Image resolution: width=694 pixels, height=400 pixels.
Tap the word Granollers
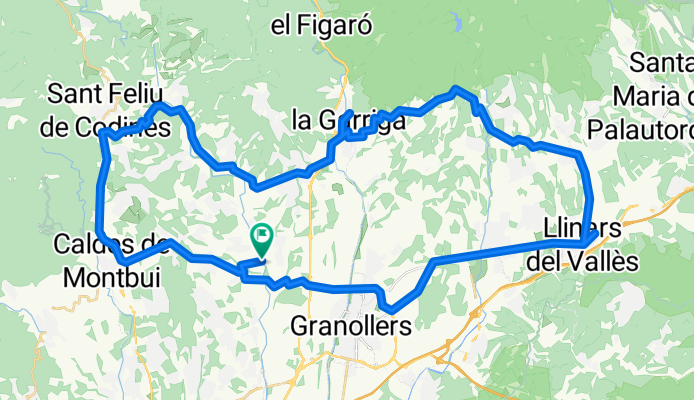click(351, 326)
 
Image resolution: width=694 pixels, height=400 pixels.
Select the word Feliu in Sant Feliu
click(141, 95)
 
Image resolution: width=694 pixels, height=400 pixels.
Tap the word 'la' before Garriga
click(302, 121)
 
